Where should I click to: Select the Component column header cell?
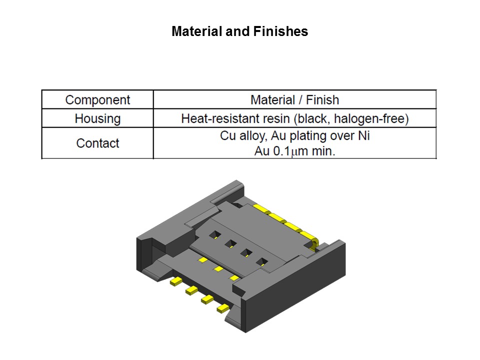point(97,99)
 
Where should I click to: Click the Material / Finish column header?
point(294,99)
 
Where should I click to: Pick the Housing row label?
point(97,118)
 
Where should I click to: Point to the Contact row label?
point(97,143)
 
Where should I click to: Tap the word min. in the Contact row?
point(323,151)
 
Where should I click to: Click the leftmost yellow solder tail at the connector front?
point(176,282)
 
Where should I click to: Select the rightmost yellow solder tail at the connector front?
point(222,309)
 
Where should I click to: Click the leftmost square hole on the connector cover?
point(215,234)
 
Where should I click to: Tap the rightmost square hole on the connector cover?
point(261,261)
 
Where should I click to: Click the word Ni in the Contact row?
point(363,135)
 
